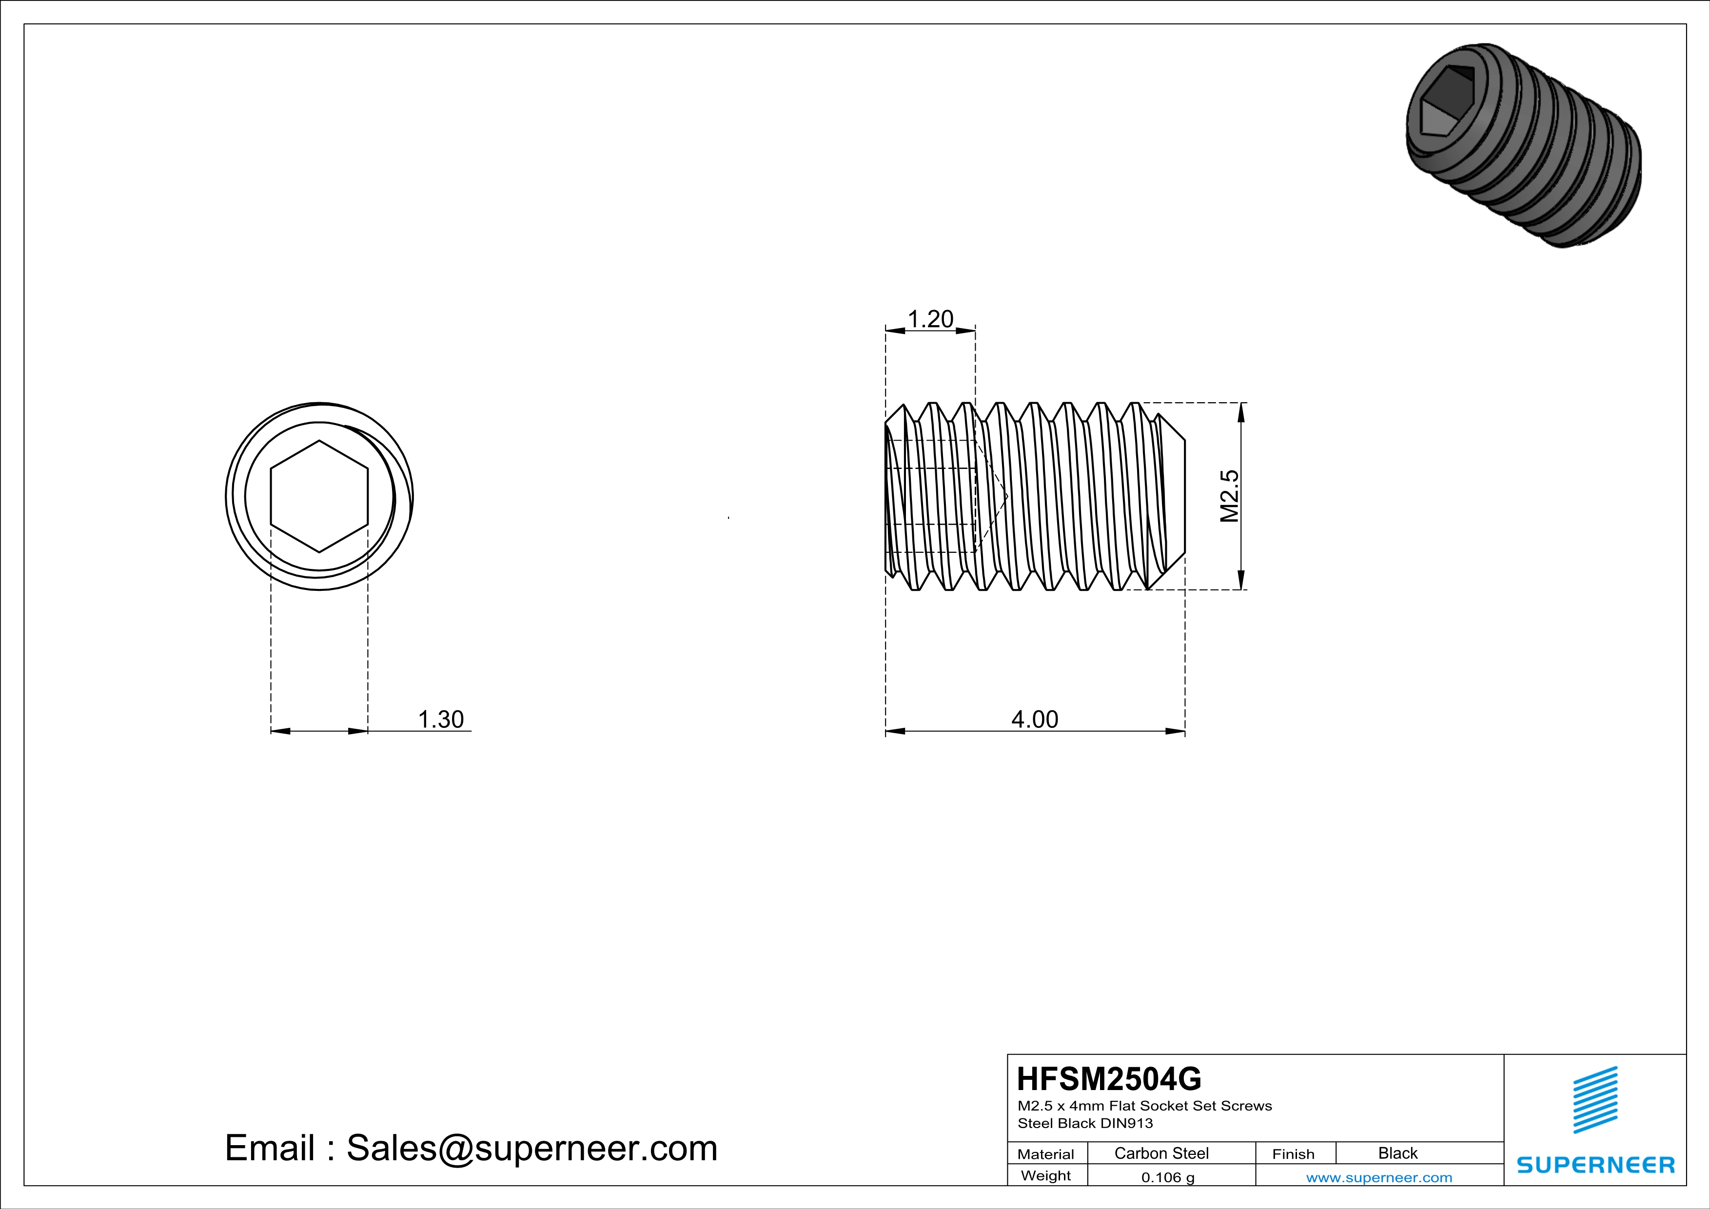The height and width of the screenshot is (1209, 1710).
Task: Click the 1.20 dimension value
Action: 930,319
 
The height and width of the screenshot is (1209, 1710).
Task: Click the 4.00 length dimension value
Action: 1035,719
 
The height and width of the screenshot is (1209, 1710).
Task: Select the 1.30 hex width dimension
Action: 440,719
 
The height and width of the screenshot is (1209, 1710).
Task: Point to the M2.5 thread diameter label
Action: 1230,496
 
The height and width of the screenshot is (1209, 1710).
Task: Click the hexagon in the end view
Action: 319,496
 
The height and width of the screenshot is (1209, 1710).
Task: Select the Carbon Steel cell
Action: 1161,1153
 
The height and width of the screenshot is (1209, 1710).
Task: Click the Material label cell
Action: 1046,1154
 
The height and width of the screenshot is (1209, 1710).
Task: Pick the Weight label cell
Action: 1046,1175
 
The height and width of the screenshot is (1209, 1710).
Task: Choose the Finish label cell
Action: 1293,1154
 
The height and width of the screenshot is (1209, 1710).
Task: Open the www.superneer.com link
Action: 1378,1177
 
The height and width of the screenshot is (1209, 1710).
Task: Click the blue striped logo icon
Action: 1594,1100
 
